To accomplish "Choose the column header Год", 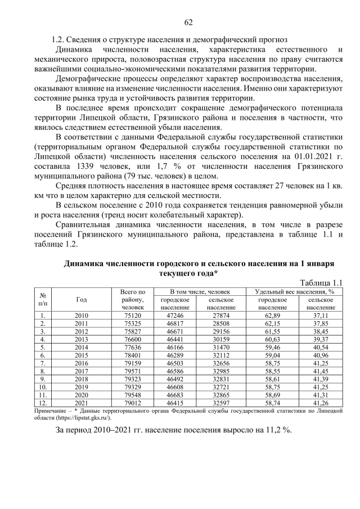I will click(x=81, y=300).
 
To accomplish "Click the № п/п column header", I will click(x=43, y=300).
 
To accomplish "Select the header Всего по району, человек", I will click(x=133, y=300).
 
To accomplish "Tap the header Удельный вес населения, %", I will click(x=295, y=292).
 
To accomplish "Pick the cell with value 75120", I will click(x=133, y=316).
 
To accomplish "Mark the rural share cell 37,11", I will click(x=321, y=316).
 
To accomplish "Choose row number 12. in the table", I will click(x=43, y=403).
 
